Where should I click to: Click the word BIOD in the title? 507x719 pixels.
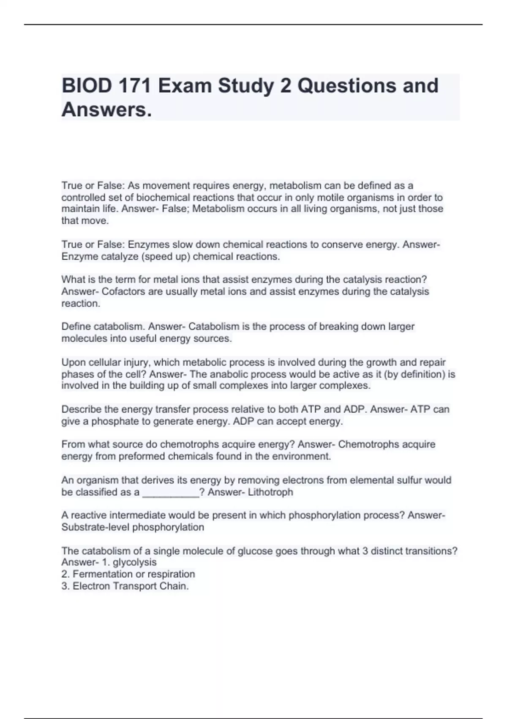tap(87, 86)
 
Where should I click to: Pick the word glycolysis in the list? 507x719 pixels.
tap(134, 563)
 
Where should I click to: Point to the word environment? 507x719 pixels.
tap(301, 456)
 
